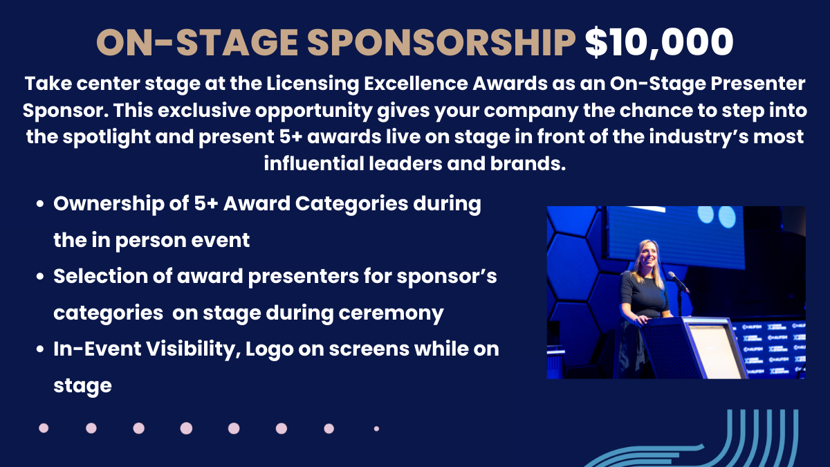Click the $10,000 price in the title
tap(658, 42)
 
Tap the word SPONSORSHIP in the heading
tap(441, 42)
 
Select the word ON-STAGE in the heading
tap(197, 42)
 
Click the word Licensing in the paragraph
tap(313, 84)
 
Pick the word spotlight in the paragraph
tap(107, 138)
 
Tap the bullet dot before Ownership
tap(40, 204)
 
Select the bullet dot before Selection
tap(40, 277)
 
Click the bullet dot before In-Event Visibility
tap(40, 349)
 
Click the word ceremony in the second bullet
tap(391, 313)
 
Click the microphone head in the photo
tap(672, 275)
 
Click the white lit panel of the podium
tap(713, 351)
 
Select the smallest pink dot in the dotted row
tap(376, 429)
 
